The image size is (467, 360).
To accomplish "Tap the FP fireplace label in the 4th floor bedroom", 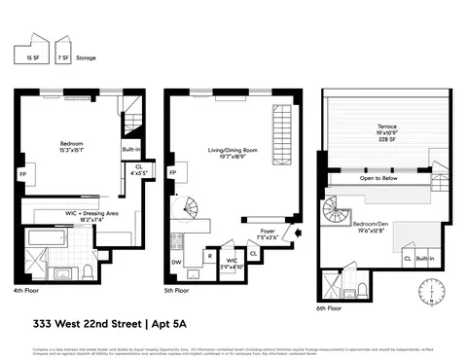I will (x=21, y=175).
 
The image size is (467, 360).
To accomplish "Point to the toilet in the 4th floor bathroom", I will (x=89, y=269).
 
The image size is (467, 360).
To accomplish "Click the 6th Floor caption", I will (x=330, y=307).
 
